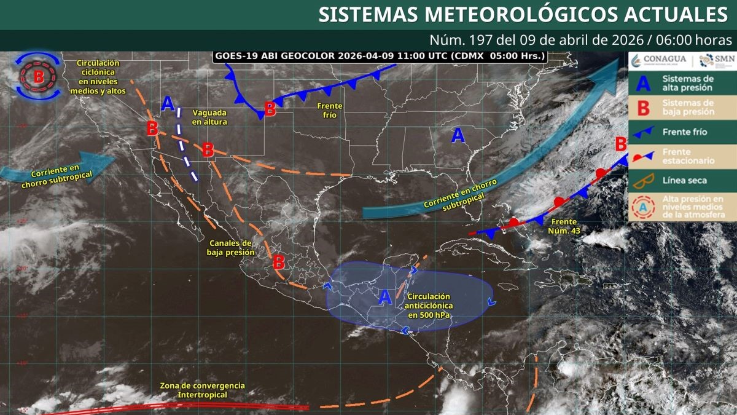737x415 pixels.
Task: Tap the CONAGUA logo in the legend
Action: click(x=657, y=60)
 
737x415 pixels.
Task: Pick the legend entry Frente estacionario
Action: click(x=680, y=156)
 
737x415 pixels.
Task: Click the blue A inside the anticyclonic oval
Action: click(x=385, y=298)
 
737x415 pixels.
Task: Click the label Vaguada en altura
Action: click(x=209, y=117)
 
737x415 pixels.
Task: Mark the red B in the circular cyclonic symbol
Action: click(x=38, y=77)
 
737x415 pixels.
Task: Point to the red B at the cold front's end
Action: click(x=269, y=109)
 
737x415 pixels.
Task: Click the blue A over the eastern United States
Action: click(x=458, y=135)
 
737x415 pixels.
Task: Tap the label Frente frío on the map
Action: click(x=330, y=110)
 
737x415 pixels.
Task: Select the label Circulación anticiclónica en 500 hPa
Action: click(x=429, y=306)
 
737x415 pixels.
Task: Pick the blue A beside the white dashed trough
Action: click(x=168, y=103)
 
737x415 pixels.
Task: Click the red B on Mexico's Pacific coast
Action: click(x=278, y=262)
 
